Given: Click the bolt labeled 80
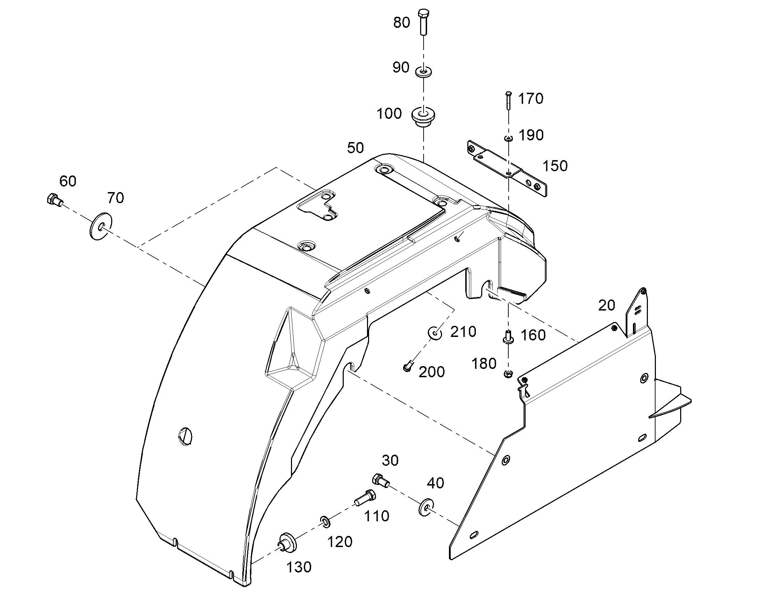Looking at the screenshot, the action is coord(423,22).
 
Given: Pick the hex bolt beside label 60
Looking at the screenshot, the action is coord(54,200).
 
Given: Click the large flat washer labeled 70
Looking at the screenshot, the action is coord(101,226).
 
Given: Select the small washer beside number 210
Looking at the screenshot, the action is coord(435,333).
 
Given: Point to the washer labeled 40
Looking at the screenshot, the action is coord(425,507).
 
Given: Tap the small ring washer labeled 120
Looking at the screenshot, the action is coord(325,522).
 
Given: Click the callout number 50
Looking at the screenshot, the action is coord(356,148).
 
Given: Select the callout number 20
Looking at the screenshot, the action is coord(607,305).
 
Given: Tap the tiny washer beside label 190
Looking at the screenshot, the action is coord(509,139).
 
